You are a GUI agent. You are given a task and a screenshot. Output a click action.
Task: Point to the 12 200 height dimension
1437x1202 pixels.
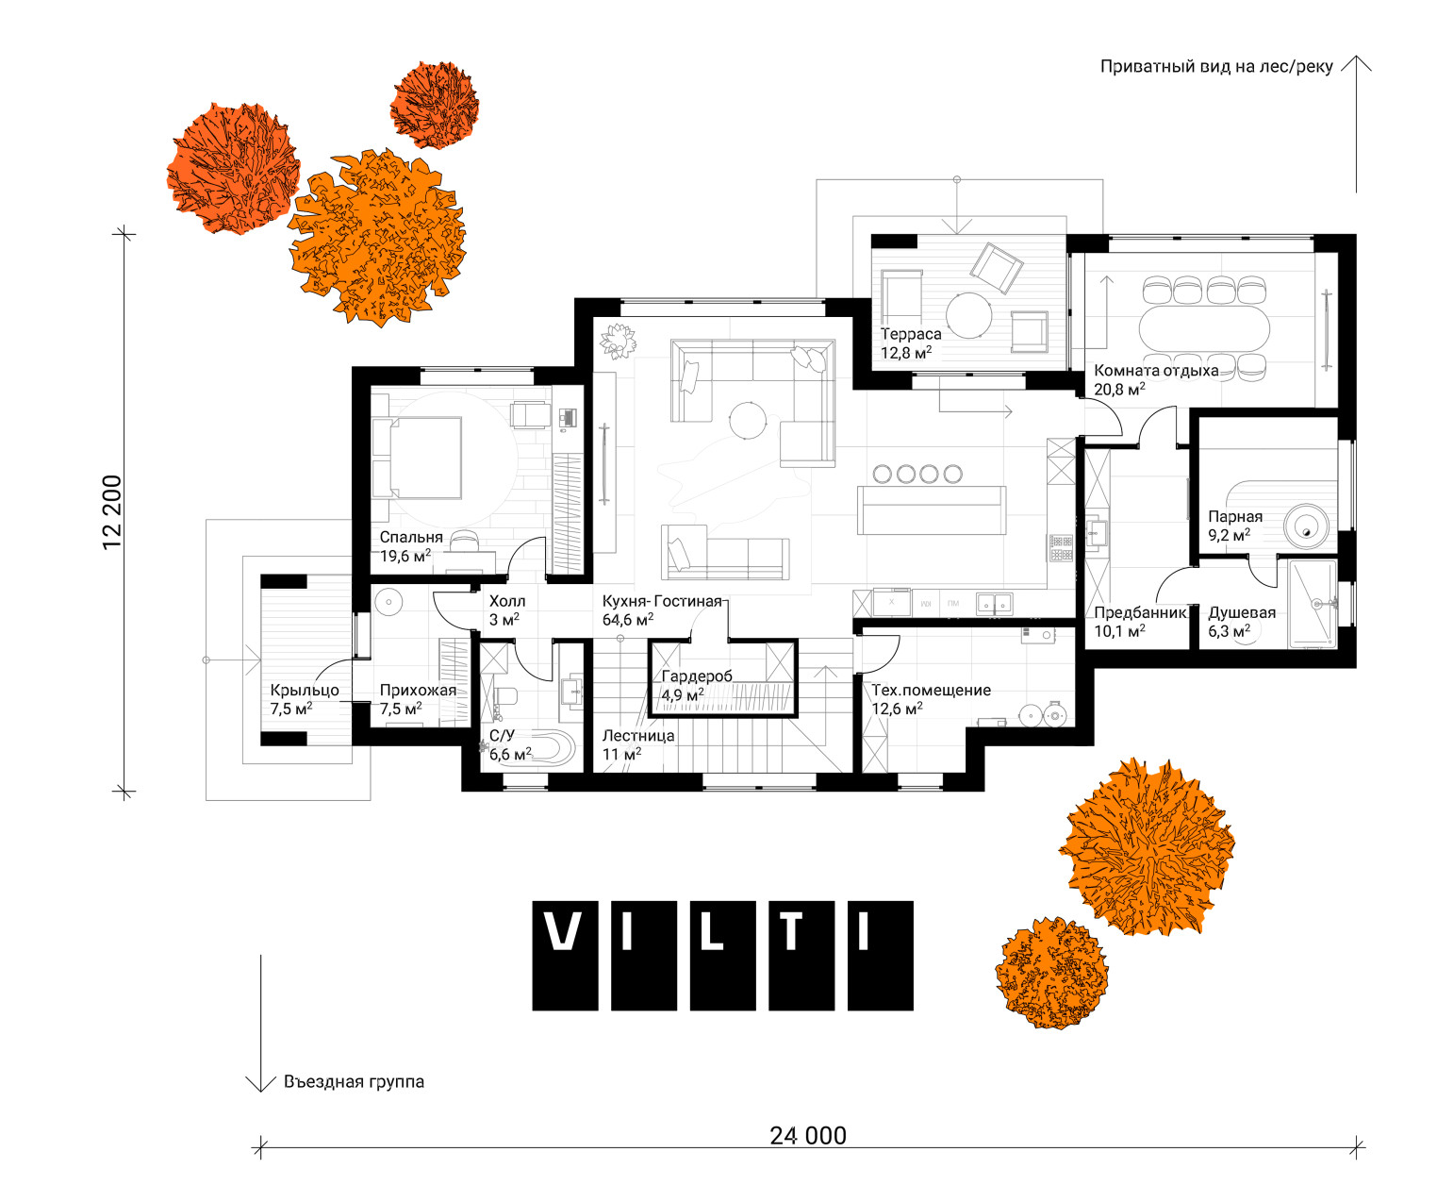(x=111, y=511)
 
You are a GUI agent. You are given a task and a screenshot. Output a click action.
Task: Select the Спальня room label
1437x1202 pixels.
(x=411, y=537)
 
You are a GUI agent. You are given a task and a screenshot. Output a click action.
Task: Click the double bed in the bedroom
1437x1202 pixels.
(x=417, y=458)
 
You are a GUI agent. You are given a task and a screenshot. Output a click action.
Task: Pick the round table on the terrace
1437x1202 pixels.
(x=969, y=315)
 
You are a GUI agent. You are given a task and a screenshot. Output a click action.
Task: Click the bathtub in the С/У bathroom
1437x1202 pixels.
(x=532, y=746)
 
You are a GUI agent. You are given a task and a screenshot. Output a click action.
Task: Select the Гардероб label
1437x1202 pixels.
(x=697, y=676)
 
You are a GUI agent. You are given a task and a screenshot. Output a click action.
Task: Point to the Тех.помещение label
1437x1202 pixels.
(x=932, y=691)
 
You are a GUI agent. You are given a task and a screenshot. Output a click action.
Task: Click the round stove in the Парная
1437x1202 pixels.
(x=1306, y=526)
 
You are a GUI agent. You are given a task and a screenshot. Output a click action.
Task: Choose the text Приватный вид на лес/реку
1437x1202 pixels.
(x=1216, y=67)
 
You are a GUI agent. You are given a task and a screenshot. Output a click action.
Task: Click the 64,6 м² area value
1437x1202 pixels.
(x=628, y=619)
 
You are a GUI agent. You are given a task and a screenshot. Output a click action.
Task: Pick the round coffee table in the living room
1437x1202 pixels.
(x=748, y=420)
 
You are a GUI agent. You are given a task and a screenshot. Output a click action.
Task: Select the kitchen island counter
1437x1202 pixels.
(x=932, y=509)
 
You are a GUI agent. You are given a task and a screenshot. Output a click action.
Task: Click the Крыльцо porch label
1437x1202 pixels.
(x=305, y=691)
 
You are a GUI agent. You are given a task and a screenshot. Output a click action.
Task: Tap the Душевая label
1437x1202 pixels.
(x=1242, y=612)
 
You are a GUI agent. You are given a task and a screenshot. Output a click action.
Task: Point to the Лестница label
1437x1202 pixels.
(x=638, y=736)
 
